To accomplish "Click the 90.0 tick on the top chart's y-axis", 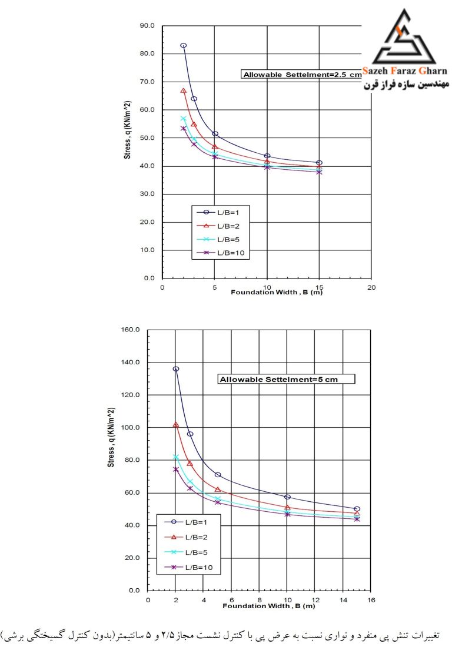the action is pos(147,26).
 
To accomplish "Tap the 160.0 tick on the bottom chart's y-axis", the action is pos(130,330).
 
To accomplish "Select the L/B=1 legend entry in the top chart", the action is pos(218,213).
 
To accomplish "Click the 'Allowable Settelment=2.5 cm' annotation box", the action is pos(301,74).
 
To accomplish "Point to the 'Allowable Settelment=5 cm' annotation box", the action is pos(286,379).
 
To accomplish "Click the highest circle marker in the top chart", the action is pos(184,45).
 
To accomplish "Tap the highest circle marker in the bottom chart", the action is pos(176,368).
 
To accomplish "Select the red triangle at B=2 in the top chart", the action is pos(184,90).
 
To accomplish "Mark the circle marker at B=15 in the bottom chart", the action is pos(357,509).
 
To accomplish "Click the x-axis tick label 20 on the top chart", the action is pos(371,287).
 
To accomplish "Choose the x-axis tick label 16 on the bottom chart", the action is pos(371,600).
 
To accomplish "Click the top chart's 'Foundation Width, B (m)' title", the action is pos(277,293).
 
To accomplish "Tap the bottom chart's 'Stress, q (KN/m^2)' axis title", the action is pos(111,437).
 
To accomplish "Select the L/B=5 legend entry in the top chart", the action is pos(218,239).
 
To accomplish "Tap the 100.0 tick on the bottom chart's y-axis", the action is pos(130,428).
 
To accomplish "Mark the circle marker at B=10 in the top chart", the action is pos(267,156).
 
